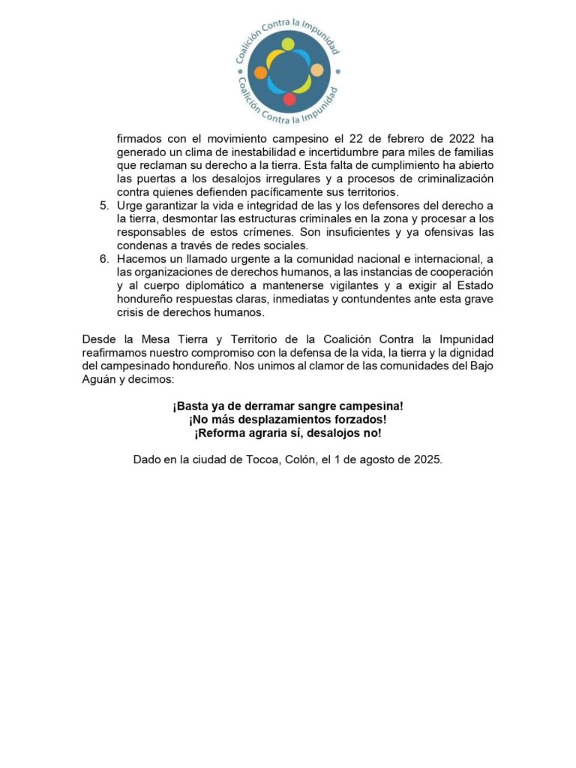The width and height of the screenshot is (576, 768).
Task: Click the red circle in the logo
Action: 289,99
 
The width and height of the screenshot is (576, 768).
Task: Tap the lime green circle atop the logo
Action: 288,44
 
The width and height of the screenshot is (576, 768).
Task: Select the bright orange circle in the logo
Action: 260,73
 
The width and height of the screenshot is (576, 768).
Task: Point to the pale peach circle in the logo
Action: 316,73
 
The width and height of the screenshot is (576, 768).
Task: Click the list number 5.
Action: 104,206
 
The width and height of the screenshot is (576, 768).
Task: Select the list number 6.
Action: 104,259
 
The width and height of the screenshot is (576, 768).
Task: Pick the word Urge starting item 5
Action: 130,206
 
